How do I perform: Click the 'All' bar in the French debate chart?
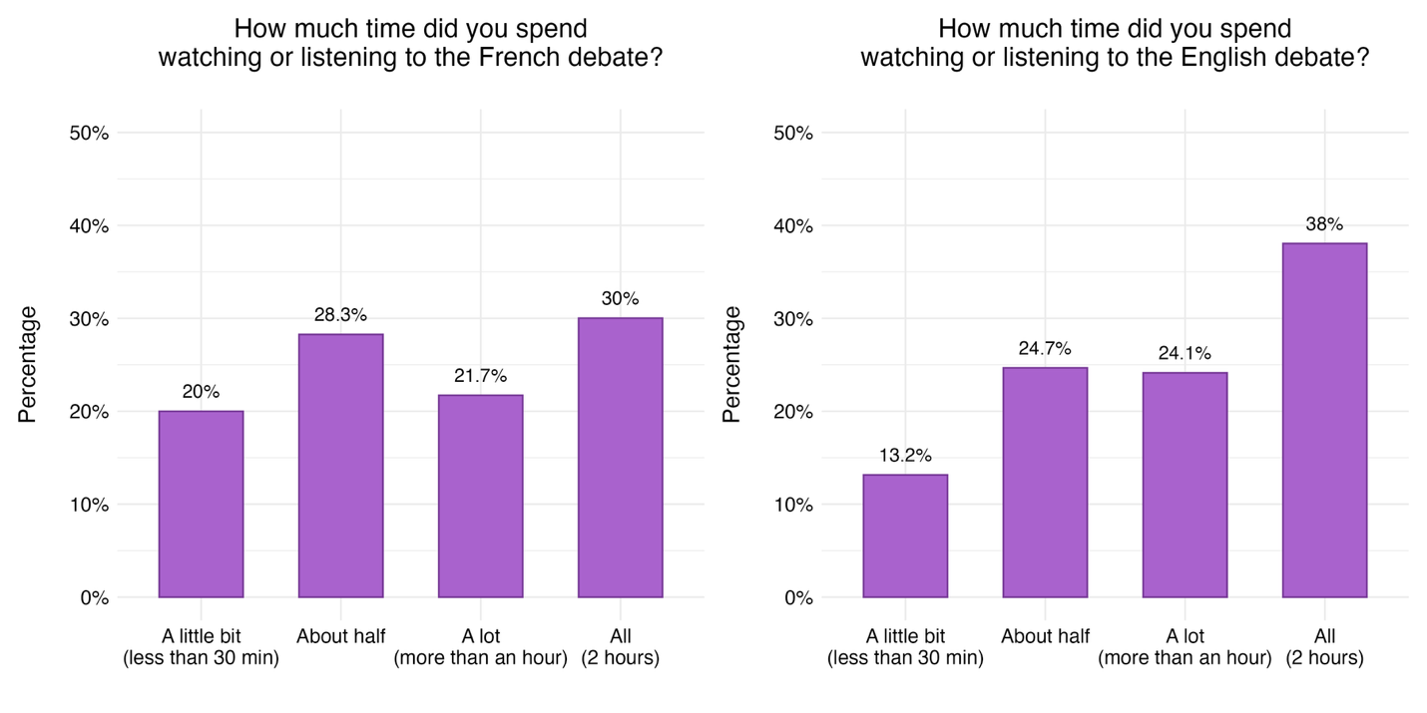click(620, 458)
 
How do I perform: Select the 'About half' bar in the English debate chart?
click(1045, 483)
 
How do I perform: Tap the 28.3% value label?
click(340, 315)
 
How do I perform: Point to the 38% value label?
click(1324, 224)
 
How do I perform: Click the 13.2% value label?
click(905, 456)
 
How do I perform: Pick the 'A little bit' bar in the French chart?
click(201, 505)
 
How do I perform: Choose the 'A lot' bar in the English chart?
click(1185, 486)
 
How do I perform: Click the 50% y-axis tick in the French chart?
click(89, 134)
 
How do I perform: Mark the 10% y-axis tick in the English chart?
click(793, 505)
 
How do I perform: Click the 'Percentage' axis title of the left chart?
click(28, 365)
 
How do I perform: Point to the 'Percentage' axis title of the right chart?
click(732, 365)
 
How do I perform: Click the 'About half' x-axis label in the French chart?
click(340, 636)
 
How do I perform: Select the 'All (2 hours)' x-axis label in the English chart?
click(1324, 647)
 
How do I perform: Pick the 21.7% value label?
click(480, 376)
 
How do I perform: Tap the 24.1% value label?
click(1185, 353)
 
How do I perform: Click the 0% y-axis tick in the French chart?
click(94, 598)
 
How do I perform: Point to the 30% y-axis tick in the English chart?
click(793, 319)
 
